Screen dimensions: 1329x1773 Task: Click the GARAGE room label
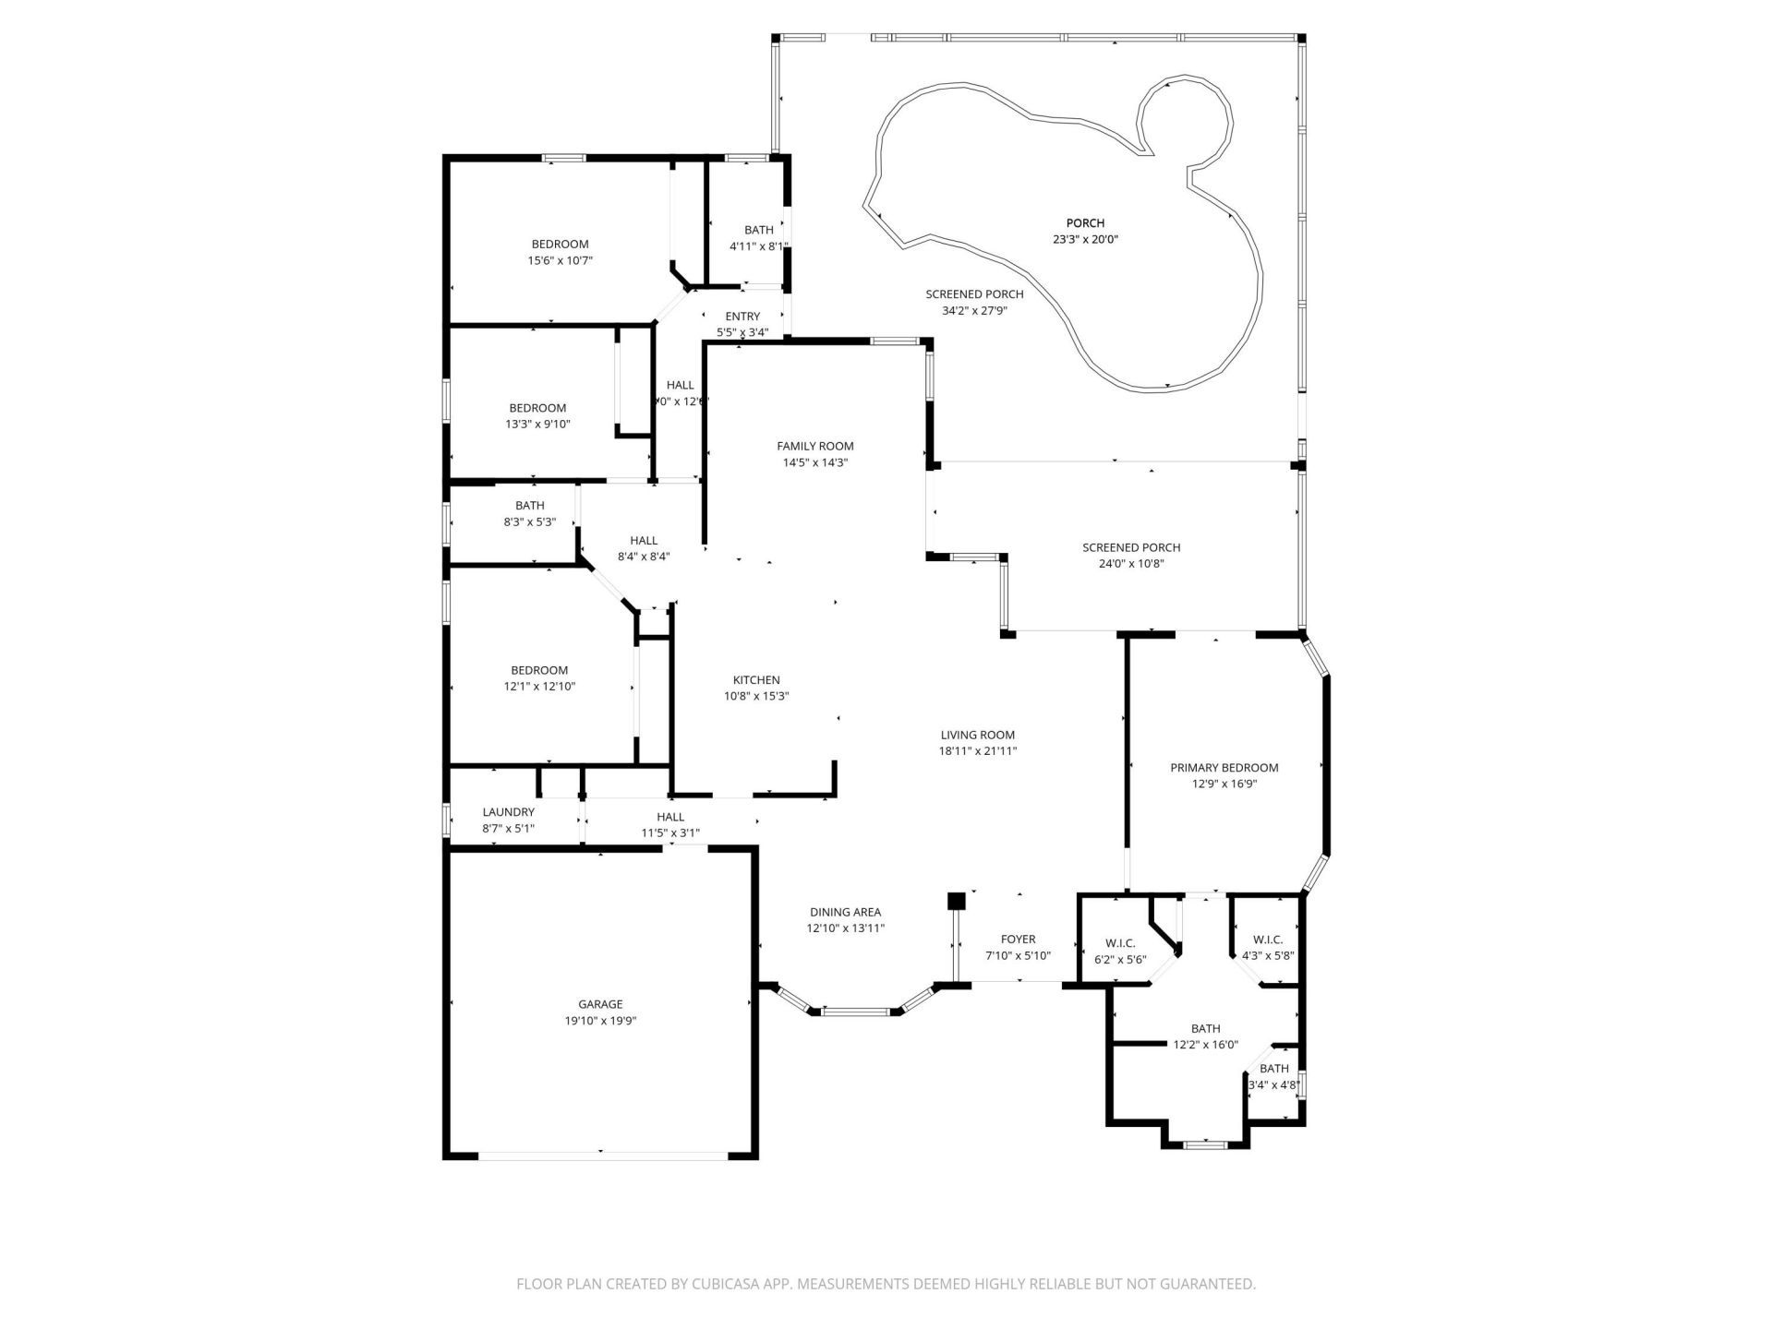[600, 1004]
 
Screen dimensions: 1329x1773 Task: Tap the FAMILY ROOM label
[814, 446]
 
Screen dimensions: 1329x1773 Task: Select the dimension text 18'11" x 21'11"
[978, 751]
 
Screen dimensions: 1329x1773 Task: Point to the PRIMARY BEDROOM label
[1224, 767]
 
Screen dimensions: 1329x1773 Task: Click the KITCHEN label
[756, 680]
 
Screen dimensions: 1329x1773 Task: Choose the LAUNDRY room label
[508, 812]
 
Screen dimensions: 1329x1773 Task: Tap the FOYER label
[1018, 940]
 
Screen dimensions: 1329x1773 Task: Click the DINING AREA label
[845, 912]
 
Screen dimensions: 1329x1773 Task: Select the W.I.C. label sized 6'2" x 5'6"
[1119, 943]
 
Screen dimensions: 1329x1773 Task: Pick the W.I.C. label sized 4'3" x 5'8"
[1268, 940]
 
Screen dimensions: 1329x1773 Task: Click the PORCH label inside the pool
[1085, 222]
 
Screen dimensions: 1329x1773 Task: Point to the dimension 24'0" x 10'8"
[1131, 564]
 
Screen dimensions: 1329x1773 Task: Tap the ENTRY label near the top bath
[742, 317]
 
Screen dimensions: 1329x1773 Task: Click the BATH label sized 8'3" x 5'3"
[529, 506]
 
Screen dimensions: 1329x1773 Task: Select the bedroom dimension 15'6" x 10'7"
[560, 261]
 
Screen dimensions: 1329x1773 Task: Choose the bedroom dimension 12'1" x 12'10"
[539, 687]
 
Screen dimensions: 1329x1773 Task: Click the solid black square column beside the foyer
[956, 900]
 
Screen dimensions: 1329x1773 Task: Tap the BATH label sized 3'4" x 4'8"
[1273, 1069]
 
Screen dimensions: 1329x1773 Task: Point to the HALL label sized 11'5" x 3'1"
[670, 817]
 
